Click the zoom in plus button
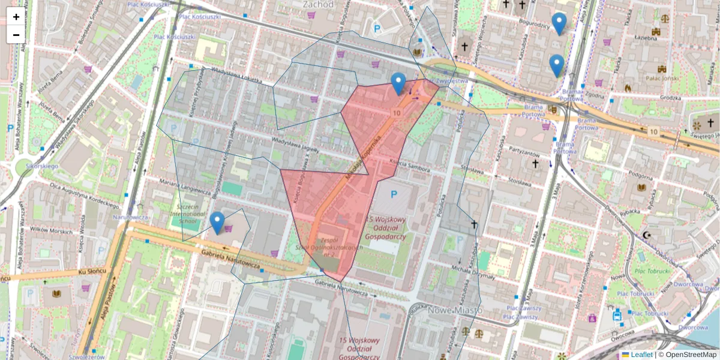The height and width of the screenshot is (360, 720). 16,17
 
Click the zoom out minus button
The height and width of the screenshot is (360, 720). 16,34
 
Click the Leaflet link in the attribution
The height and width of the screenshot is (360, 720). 641,355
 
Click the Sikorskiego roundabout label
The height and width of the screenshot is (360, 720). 41,166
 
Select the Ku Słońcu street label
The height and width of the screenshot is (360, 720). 91,272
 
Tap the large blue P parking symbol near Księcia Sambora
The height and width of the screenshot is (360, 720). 394,194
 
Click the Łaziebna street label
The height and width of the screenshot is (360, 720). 646,37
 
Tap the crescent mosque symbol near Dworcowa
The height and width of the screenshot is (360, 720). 646,235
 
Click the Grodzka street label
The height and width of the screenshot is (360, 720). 670,97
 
